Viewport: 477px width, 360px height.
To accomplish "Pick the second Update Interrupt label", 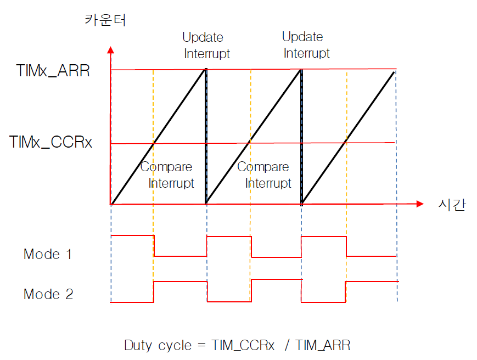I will tap(306, 45).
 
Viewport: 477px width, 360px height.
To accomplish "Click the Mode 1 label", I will tap(48, 254).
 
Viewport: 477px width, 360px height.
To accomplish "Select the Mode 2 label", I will tap(48, 294).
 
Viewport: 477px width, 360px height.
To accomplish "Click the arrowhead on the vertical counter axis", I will tap(111, 49).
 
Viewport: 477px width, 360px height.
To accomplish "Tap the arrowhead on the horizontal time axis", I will tap(420, 204).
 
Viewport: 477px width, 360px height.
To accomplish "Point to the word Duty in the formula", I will tap(137, 346).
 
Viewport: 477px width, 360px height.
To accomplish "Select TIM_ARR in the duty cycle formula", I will tap(323, 346).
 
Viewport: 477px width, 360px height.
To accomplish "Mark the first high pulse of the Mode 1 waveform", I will tap(132, 235).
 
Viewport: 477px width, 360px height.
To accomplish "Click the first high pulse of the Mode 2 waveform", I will tap(180, 282).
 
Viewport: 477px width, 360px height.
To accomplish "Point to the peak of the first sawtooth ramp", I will tap(205, 70).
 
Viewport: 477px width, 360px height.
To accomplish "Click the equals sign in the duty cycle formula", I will tap(201, 346).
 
